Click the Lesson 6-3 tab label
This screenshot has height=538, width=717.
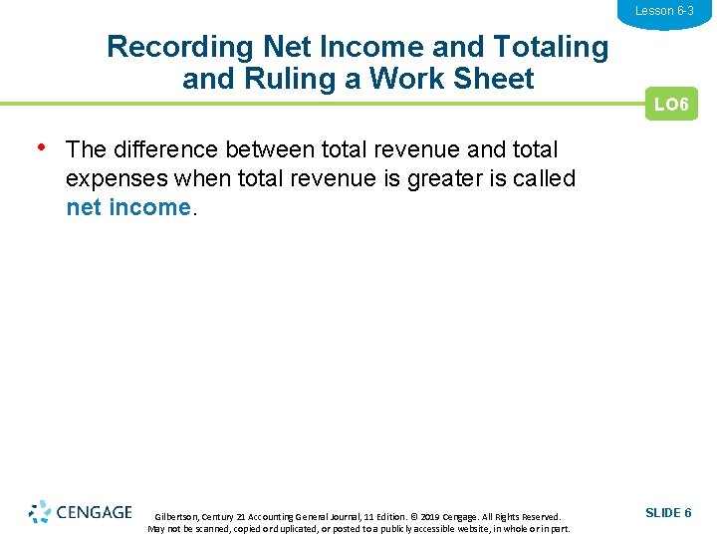click(664, 11)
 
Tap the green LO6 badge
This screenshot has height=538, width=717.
click(671, 105)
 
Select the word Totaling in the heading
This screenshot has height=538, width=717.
click(549, 47)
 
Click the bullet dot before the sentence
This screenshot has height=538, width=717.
click(42, 147)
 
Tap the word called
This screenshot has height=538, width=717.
click(544, 178)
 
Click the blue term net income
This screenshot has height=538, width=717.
click(127, 207)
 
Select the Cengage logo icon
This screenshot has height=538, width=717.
click(39, 512)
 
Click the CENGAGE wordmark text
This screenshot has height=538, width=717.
click(95, 512)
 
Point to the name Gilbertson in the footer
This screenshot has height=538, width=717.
click(177, 517)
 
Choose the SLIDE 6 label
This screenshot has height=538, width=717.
click(668, 512)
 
